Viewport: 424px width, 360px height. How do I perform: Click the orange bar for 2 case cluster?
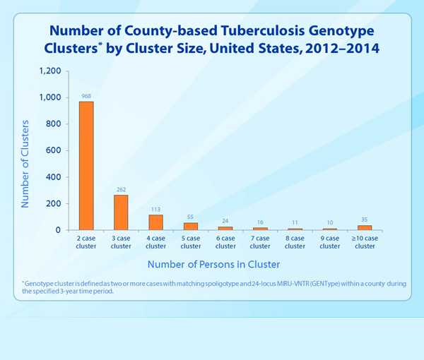(86, 166)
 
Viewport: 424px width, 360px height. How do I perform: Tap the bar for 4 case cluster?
(155, 222)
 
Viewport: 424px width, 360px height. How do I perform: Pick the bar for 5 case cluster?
(191, 226)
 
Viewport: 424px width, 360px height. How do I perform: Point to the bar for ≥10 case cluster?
(365, 227)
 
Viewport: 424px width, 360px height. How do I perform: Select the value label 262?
(121, 188)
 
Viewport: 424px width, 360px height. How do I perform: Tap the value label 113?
(155, 208)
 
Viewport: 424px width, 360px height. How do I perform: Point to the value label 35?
(365, 219)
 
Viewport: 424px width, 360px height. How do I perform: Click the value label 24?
(225, 220)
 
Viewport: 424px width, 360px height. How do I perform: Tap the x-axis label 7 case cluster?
(260, 242)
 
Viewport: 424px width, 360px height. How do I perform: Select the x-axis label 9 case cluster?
(330, 242)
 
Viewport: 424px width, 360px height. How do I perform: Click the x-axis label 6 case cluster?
(225, 242)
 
